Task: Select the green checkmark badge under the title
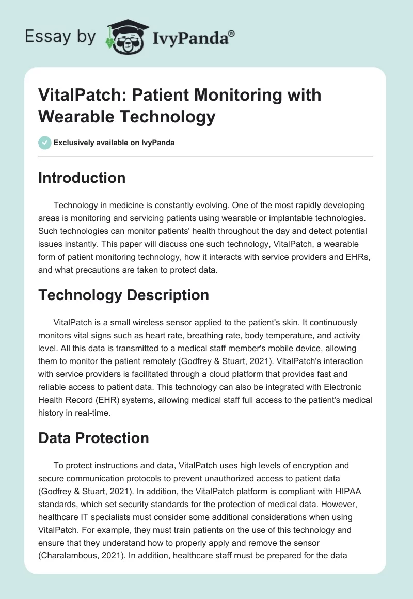click(45, 143)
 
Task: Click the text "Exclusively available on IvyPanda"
click(114, 143)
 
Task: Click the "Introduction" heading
click(82, 178)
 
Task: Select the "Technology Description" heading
click(124, 295)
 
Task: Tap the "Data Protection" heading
click(93, 438)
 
